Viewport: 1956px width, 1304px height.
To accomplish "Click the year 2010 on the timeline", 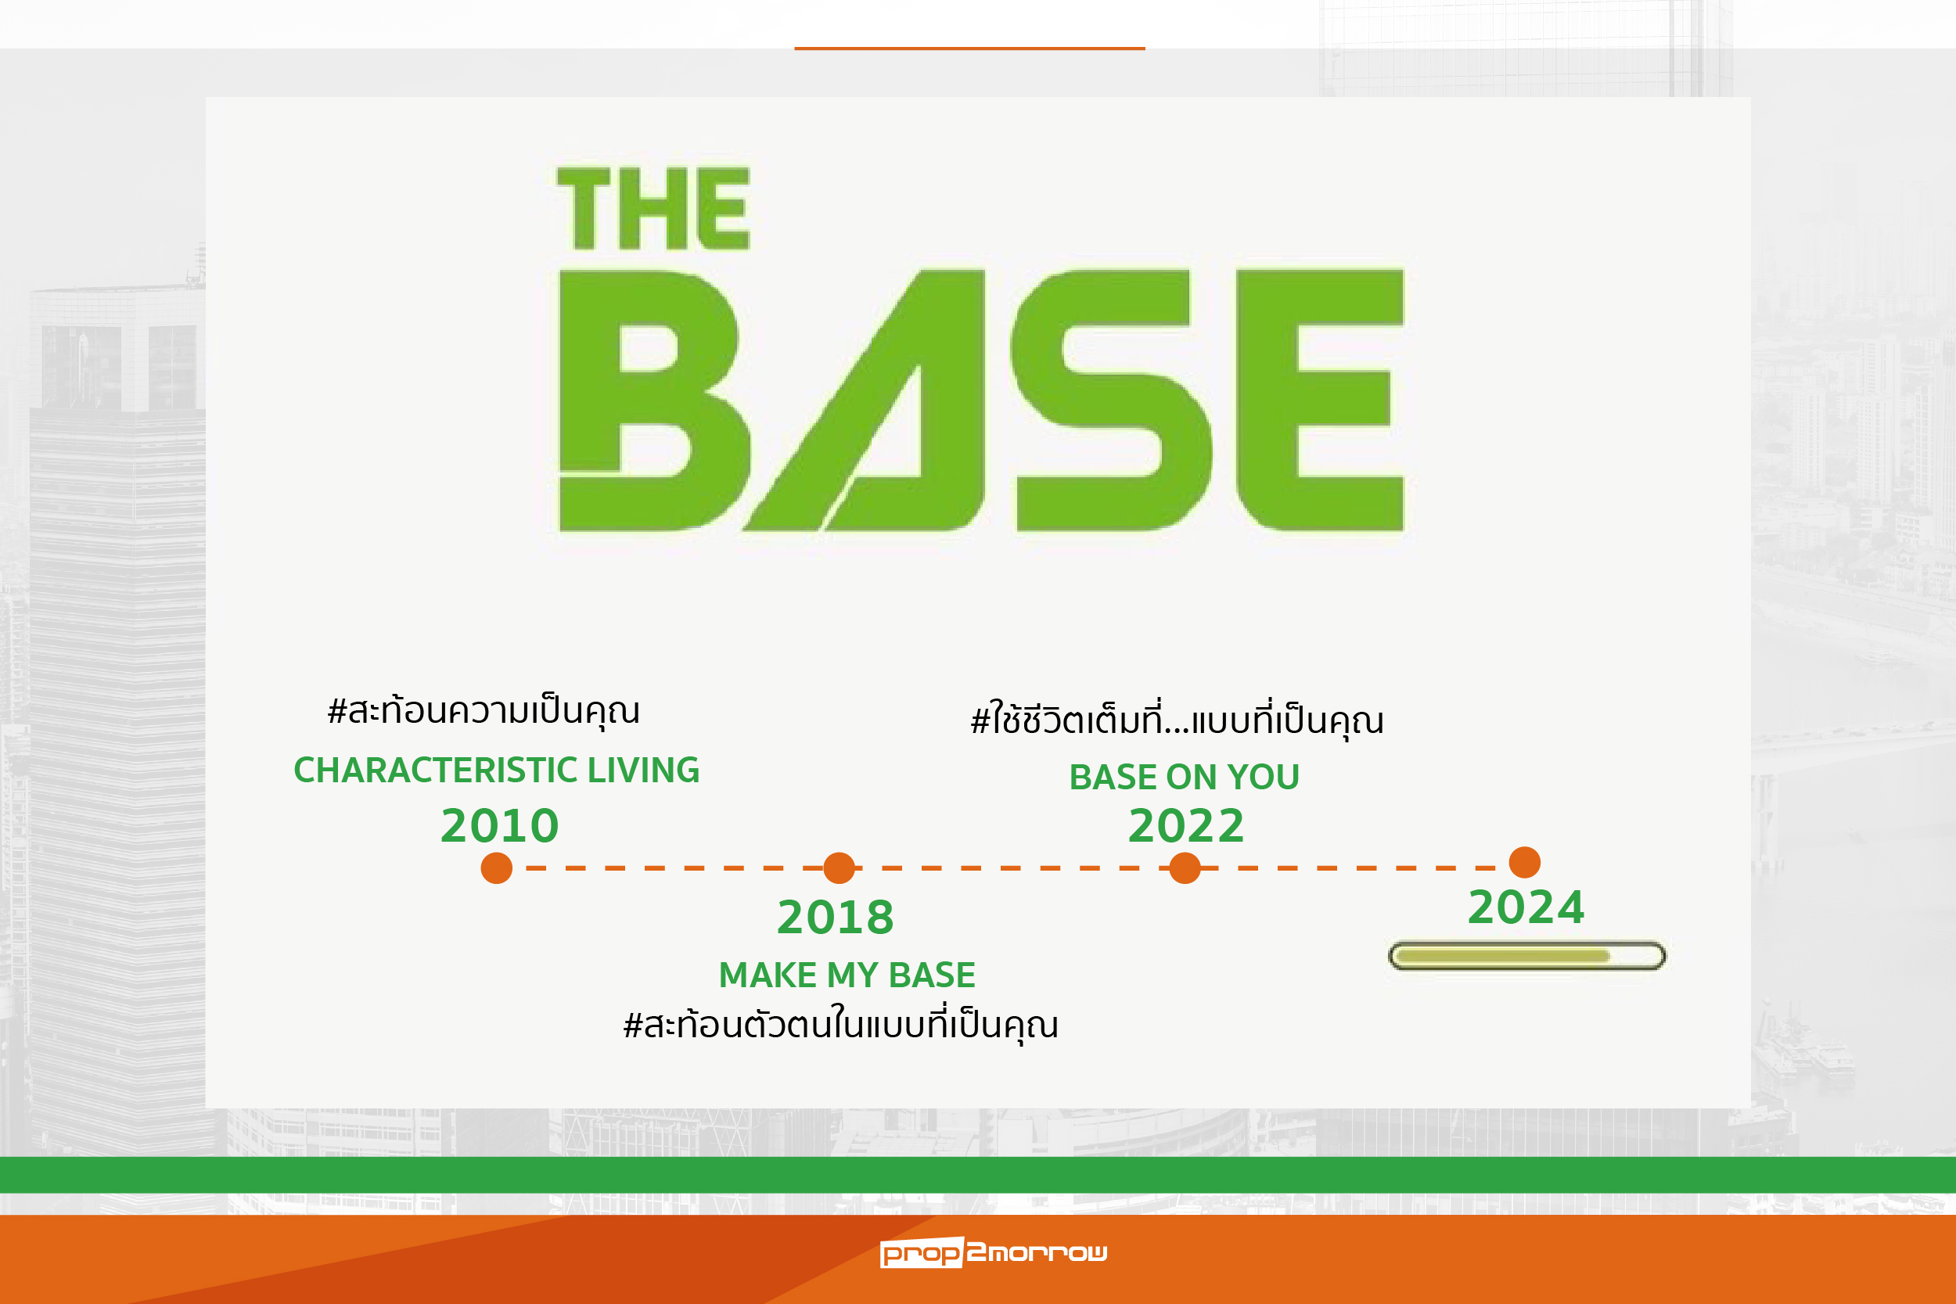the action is pyautogui.click(x=500, y=826).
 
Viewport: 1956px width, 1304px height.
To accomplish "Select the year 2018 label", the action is pyautogui.click(x=836, y=918).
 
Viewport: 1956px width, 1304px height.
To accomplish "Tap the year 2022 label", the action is pyautogui.click(x=1187, y=826).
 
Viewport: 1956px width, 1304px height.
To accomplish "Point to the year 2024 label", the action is pyautogui.click(x=1526, y=907).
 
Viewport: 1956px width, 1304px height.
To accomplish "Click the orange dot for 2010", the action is pyautogui.click(x=497, y=868).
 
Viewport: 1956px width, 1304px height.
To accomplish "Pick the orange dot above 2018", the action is pyautogui.click(x=839, y=868).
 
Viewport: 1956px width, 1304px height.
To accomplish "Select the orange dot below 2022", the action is pyautogui.click(x=1185, y=868).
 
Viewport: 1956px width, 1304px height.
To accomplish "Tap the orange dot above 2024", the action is pyautogui.click(x=1524, y=862).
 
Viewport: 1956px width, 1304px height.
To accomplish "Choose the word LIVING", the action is pyautogui.click(x=644, y=770).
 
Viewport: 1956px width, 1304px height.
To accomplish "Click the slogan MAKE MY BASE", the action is pyautogui.click(x=847, y=975).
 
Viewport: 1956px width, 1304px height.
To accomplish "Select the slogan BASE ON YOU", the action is pyautogui.click(x=1185, y=777).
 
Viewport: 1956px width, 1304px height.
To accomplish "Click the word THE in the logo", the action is pyautogui.click(x=653, y=209).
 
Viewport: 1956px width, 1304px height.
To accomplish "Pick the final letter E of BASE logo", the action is pyautogui.click(x=1321, y=401).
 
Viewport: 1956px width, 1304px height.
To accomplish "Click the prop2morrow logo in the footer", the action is pyautogui.click(x=994, y=1252).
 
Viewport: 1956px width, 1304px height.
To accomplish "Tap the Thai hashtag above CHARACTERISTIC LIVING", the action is pyautogui.click(x=484, y=712).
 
